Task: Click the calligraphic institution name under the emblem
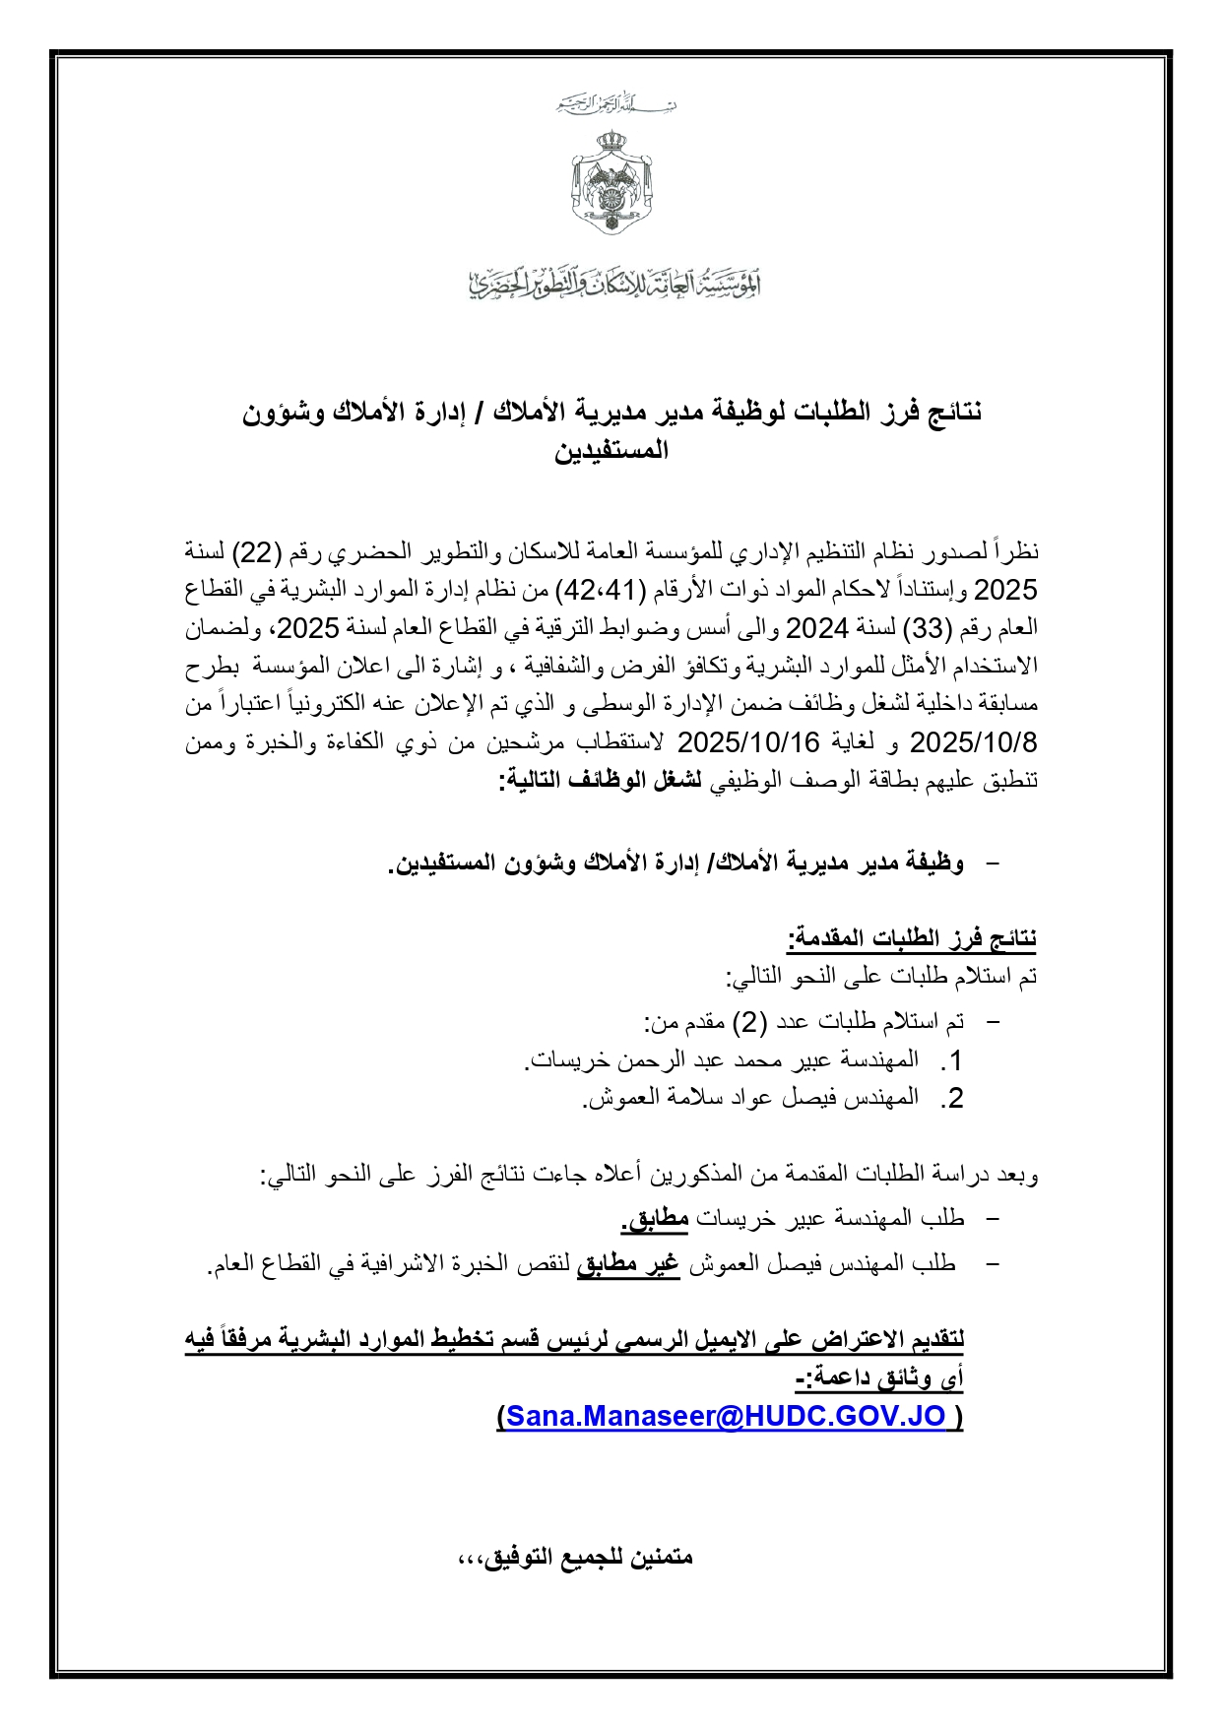point(613,283)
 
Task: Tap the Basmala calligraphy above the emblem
point(615,103)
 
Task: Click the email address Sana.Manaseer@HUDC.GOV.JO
point(726,1416)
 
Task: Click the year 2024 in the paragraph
point(816,628)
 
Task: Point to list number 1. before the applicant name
point(951,1061)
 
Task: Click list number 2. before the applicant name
point(951,1099)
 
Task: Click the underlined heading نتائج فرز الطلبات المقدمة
point(912,938)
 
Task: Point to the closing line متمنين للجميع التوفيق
point(576,1558)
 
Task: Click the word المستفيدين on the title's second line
point(611,451)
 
